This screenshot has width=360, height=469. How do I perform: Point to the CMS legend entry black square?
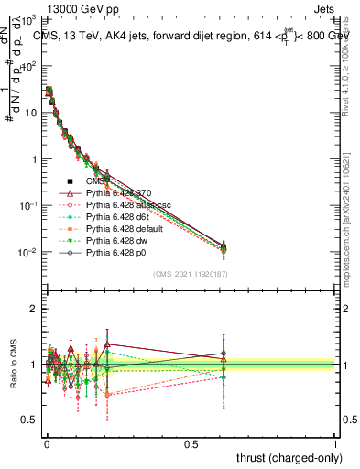[x=69, y=180]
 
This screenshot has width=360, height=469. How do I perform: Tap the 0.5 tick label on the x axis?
[x=191, y=443]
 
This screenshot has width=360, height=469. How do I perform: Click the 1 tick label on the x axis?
[x=335, y=443]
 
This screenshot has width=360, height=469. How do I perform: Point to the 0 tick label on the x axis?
[x=46, y=443]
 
